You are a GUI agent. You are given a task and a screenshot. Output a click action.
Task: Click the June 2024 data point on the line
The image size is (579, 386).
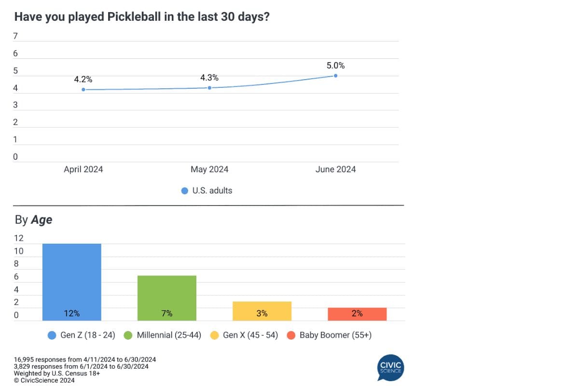click(335, 76)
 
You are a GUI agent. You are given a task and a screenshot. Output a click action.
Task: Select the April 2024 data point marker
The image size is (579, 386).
click(83, 89)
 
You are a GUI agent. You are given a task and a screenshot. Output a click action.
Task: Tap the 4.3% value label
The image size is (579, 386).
click(209, 77)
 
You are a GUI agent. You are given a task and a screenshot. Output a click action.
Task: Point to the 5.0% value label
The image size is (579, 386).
click(335, 66)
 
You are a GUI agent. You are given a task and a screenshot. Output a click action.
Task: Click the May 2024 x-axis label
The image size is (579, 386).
click(209, 169)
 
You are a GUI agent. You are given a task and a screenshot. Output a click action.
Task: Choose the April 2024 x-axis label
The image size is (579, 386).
click(83, 169)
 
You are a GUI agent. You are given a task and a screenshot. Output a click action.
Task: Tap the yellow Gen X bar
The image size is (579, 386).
click(262, 311)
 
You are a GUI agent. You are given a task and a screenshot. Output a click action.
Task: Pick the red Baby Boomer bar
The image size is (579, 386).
click(357, 314)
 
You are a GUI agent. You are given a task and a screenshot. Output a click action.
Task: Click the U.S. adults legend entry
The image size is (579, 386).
click(207, 191)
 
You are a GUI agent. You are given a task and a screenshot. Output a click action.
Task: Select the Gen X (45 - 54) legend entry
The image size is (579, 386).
click(245, 335)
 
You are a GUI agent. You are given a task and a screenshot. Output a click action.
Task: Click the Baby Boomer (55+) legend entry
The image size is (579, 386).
click(330, 335)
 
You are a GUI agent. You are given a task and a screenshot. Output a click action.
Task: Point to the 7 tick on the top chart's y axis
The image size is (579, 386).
click(15, 36)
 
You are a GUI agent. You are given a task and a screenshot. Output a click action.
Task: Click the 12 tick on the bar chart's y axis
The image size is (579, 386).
click(19, 238)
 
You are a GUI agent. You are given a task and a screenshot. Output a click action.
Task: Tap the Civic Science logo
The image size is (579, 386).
click(390, 367)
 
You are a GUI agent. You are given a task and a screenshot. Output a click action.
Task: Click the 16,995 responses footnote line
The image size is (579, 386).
click(85, 360)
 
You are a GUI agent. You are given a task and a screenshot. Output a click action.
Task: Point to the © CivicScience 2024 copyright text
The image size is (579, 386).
click(44, 380)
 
